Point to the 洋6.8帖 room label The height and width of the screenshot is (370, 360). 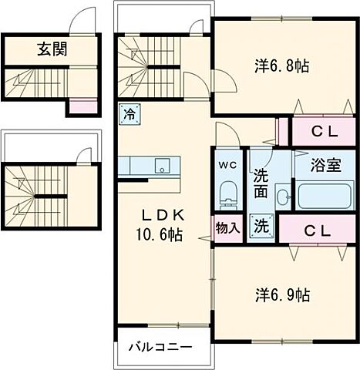[x=282, y=66]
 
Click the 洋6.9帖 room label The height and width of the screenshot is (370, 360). [x=283, y=294]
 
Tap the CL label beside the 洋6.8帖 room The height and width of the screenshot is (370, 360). [x=325, y=131]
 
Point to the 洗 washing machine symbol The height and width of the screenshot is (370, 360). [x=261, y=227]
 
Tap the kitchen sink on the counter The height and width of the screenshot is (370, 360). [x=163, y=166]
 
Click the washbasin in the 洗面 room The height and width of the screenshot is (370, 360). [x=283, y=196]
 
